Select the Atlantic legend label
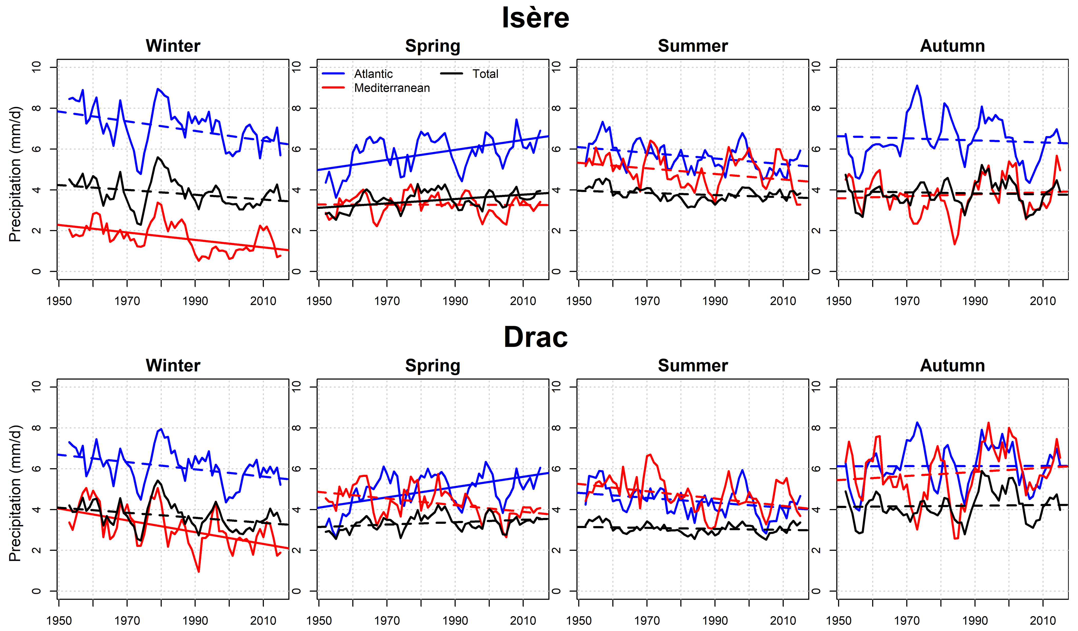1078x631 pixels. pos(373,74)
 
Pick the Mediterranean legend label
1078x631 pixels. pos(392,88)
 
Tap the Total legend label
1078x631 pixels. pos(485,74)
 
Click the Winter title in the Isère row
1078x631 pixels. pos(173,46)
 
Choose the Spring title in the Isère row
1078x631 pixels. pos(432,46)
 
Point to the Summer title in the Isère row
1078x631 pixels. pos(693,46)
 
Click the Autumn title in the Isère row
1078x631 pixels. pos(952,46)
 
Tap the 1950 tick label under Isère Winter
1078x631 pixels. pos(59,301)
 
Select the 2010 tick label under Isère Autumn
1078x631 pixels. pos(1043,301)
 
